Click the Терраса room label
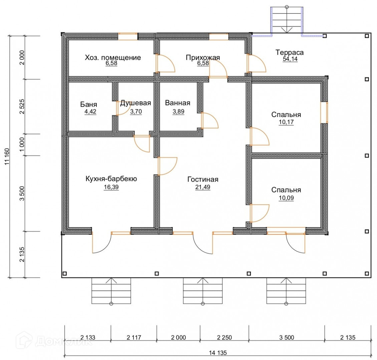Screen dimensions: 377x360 (289, 52)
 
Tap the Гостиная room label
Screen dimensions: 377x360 (203, 179)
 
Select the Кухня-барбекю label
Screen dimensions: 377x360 (111, 179)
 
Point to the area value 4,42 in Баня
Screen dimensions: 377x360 (90, 112)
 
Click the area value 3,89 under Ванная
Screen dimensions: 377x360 (178, 112)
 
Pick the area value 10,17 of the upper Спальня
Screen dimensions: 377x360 (286, 122)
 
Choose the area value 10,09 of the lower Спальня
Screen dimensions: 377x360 (286, 198)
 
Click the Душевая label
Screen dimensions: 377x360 (135, 103)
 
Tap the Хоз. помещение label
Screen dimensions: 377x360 (113, 58)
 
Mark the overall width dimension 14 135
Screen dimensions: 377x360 (218, 353)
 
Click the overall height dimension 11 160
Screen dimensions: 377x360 (7, 157)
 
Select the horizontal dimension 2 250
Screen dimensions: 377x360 (224, 337)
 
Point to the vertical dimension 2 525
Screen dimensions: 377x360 (22, 106)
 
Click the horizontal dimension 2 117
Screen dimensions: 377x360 (134, 337)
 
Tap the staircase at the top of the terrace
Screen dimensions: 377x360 (287, 20)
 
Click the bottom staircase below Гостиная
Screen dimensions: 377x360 (203, 291)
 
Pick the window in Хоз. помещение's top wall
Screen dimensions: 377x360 (128, 37)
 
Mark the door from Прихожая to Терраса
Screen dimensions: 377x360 (256, 63)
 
